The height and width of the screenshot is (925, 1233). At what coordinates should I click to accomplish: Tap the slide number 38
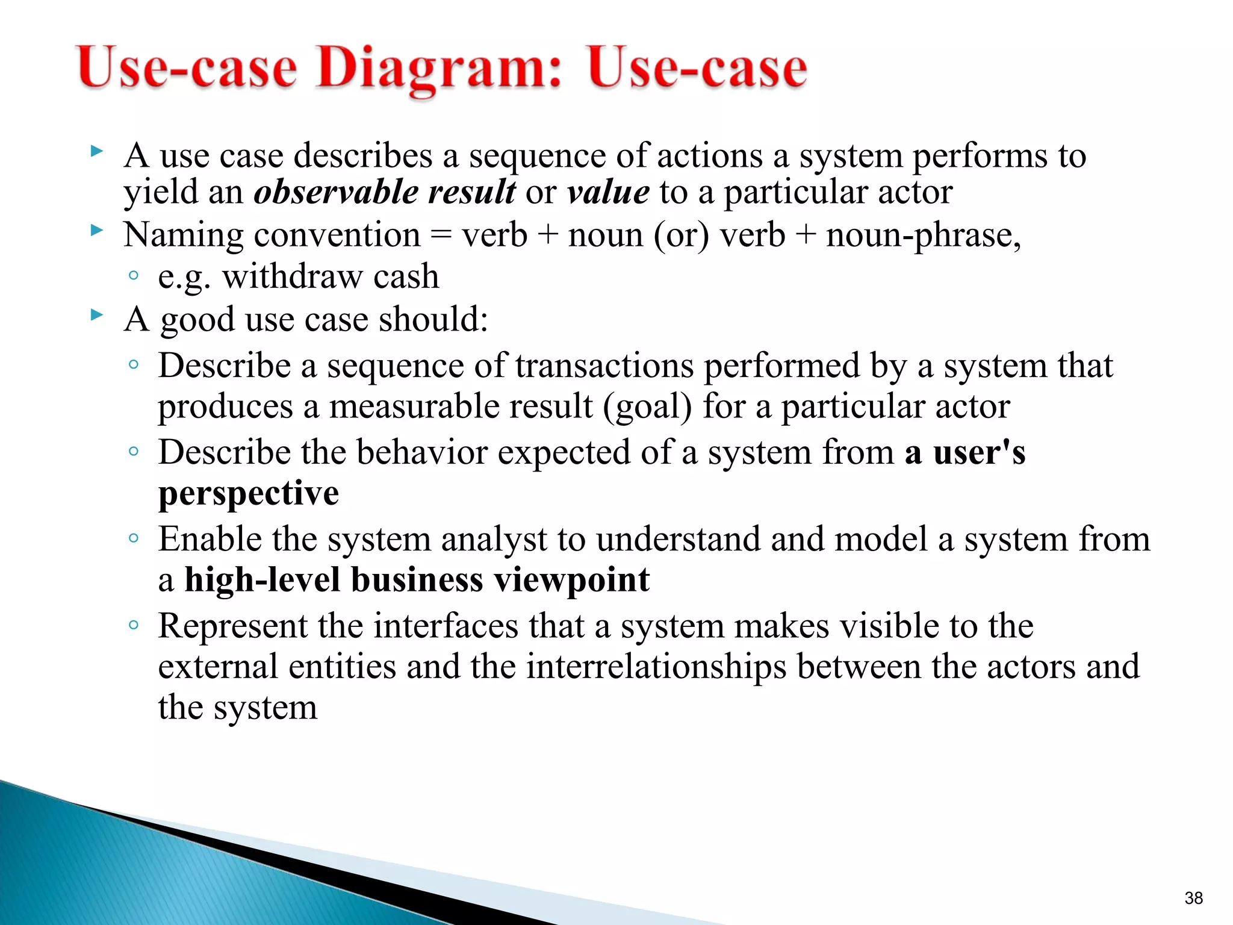pyautogui.click(x=1193, y=898)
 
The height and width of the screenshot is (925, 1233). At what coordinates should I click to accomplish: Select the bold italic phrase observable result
pyautogui.click(x=384, y=192)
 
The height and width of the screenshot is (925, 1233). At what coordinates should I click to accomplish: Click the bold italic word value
pyautogui.click(x=608, y=192)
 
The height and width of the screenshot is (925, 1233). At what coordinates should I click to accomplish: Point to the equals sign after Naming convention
pyautogui.click(x=441, y=235)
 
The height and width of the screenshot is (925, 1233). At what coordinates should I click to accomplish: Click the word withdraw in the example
pyautogui.click(x=292, y=276)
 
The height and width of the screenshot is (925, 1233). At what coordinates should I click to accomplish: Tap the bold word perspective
pyautogui.click(x=249, y=494)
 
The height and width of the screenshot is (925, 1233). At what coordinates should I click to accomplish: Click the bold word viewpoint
pyautogui.click(x=571, y=580)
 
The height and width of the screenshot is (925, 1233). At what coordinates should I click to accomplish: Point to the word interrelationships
pyautogui.click(x=656, y=667)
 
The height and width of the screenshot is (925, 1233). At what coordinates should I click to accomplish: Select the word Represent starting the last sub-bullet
pyautogui.click(x=233, y=626)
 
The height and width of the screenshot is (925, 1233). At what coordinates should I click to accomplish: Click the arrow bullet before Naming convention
pyautogui.click(x=96, y=229)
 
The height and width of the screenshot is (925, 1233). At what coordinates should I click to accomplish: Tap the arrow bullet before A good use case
pyautogui.click(x=96, y=314)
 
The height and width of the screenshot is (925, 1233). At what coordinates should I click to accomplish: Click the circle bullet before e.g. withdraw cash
pyautogui.click(x=134, y=276)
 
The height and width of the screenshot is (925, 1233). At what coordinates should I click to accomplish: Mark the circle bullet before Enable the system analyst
pyautogui.click(x=134, y=538)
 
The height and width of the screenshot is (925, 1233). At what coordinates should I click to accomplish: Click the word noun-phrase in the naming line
pyautogui.click(x=922, y=235)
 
